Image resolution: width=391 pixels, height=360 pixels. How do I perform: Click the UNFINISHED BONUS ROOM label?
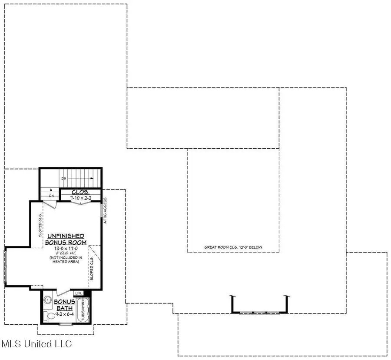66,239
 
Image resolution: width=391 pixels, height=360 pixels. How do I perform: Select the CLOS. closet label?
81,192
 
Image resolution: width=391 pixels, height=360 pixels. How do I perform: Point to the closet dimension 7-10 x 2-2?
81,198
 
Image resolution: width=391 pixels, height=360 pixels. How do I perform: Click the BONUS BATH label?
64,305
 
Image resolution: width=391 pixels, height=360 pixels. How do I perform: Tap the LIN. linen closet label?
79,293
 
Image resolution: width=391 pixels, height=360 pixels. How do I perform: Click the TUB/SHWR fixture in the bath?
82,310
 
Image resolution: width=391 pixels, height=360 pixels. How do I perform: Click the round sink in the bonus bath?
48,300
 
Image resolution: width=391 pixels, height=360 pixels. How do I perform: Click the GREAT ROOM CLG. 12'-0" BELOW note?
235,247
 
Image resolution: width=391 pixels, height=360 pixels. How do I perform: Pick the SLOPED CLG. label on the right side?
92,269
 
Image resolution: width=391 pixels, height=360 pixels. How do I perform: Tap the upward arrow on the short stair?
51,190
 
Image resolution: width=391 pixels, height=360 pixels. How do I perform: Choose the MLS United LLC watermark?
36,344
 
